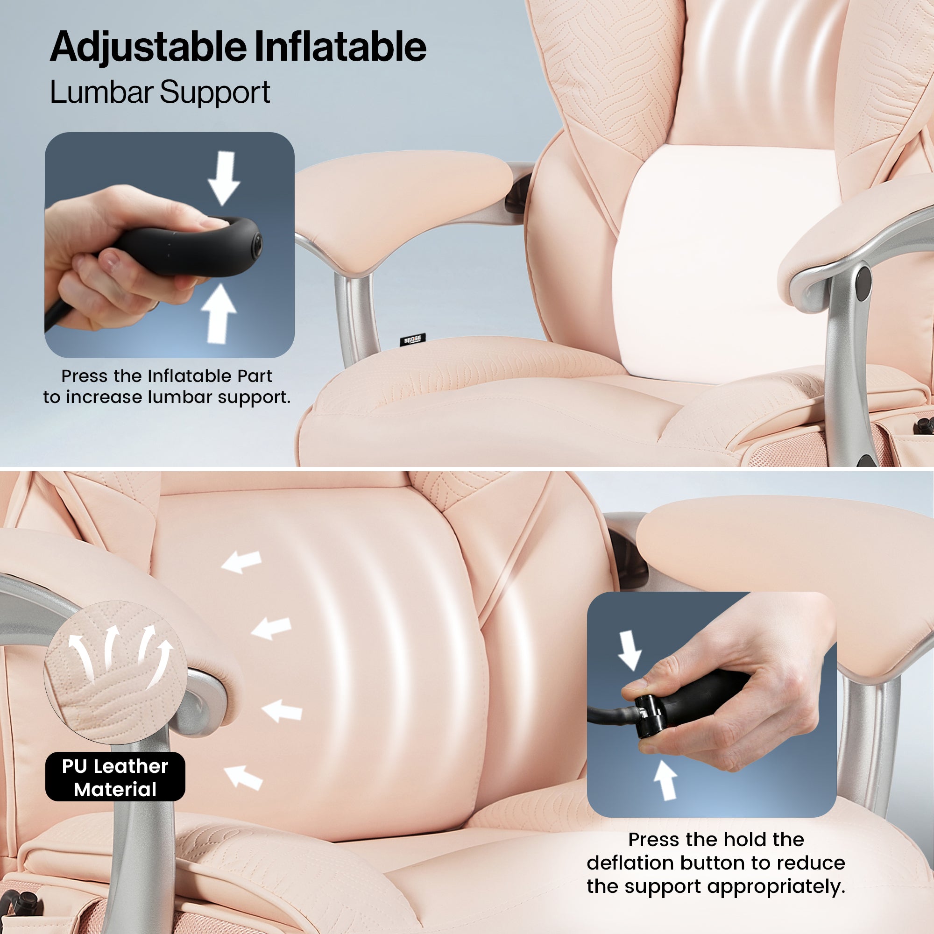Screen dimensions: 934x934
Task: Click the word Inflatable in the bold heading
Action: pos(340,46)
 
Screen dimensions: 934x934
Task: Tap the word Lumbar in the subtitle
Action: pos(101,92)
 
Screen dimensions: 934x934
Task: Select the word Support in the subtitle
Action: pos(215,93)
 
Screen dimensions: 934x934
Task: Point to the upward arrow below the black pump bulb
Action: pos(219,313)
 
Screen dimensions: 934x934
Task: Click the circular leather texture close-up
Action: pos(115,672)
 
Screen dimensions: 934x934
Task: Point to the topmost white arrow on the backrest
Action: pos(241,562)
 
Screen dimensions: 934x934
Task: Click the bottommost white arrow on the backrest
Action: pos(244,778)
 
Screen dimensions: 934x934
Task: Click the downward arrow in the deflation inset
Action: pos(630,650)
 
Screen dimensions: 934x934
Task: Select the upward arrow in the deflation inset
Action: pos(665,780)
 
